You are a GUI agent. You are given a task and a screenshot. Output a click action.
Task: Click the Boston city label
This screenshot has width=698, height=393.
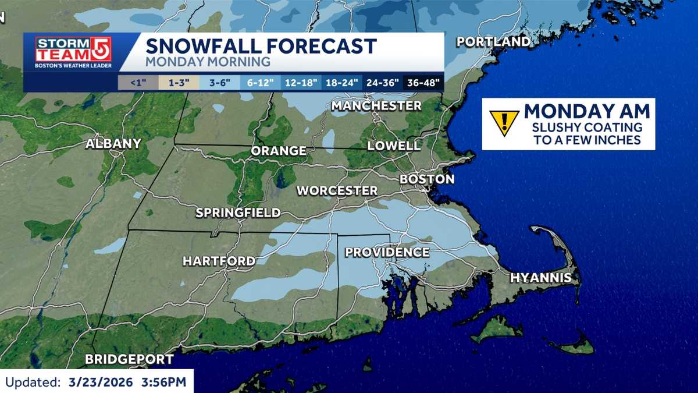[427, 179]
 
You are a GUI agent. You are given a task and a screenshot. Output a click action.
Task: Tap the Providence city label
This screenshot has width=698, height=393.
[387, 252]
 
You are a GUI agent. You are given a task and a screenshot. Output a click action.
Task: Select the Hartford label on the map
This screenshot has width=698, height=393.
[219, 261]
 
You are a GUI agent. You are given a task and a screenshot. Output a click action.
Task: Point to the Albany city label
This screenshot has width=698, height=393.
[113, 144]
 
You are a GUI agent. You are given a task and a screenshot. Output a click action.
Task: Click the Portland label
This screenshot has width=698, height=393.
[493, 42]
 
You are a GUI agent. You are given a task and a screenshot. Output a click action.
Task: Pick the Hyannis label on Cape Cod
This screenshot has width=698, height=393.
[541, 278]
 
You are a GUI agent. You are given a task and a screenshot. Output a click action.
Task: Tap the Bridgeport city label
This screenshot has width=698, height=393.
[129, 359]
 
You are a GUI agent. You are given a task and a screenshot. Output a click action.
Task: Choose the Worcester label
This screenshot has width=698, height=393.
[337, 190]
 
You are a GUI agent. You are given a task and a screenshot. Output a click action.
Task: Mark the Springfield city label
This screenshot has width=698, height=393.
[238, 213]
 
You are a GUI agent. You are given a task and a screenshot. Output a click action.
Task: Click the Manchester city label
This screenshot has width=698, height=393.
[376, 106]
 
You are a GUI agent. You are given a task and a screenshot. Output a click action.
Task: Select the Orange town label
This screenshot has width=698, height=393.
[278, 151]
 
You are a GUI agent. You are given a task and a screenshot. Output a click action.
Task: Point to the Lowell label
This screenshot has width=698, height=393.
[394, 146]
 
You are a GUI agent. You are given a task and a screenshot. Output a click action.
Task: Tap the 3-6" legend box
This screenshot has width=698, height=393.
[219, 83]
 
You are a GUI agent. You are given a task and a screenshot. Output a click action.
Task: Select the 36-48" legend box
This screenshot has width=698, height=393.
[423, 83]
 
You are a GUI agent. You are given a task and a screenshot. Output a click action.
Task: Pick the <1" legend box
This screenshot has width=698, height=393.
[137, 83]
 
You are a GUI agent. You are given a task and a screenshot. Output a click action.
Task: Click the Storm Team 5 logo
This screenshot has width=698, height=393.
[73, 52]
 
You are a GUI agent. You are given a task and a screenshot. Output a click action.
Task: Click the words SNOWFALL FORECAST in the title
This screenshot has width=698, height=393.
[261, 45]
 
